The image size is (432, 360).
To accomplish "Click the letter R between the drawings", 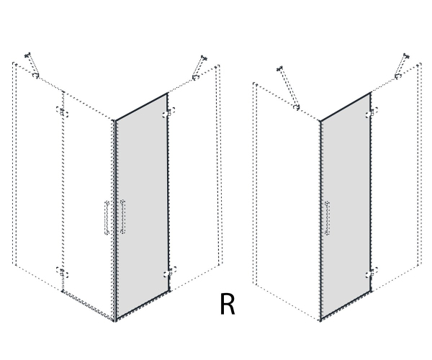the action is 228,304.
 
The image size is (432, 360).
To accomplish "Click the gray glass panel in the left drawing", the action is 142,207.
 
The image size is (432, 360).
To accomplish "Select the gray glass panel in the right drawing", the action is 346,207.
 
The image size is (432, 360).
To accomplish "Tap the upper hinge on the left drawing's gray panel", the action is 168,112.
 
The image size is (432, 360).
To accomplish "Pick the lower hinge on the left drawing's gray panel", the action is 169,271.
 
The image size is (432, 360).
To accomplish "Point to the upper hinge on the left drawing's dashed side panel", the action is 62,112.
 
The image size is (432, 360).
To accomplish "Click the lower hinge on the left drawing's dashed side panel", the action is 62,272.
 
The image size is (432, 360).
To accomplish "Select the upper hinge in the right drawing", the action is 372,112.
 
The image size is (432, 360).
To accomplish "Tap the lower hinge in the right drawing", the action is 372,272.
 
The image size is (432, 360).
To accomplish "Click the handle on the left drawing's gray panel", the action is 123,217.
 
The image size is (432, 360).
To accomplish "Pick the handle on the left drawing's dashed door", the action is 107,218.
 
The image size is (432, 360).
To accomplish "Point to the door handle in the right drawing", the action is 328,218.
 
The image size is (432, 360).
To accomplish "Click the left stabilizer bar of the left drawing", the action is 32,65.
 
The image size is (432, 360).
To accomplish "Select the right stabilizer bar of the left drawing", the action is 199,68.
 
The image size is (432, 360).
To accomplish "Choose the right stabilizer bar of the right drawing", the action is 402,66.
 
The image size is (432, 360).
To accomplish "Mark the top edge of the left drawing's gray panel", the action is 142,107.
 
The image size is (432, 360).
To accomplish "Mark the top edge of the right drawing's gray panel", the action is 346,107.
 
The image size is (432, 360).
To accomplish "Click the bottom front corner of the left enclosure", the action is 114,320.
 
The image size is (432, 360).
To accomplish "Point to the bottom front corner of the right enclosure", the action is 320,320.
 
